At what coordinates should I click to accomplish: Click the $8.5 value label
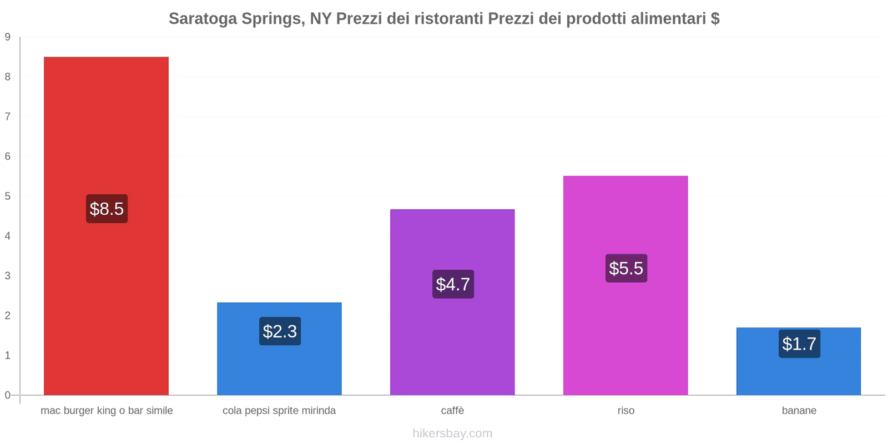[107, 209]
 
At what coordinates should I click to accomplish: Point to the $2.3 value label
[280, 331]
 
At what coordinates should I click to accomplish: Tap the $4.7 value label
[453, 284]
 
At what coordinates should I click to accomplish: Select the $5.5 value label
[626, 268]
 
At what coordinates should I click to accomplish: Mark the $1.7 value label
[799, 344]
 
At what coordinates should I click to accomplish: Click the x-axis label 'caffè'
[452, 411]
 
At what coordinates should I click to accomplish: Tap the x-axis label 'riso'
[625, 411]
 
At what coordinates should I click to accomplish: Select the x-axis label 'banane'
[799, 411]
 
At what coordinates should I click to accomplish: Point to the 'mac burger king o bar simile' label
[107, 411]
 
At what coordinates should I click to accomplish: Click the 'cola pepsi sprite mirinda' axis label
[279, 411]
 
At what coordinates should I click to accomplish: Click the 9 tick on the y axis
[8, 37]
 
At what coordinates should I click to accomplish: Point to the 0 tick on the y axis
[8, 395]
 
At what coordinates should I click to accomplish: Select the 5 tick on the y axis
[8, 196]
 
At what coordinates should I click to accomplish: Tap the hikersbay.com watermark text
[452, 433]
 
